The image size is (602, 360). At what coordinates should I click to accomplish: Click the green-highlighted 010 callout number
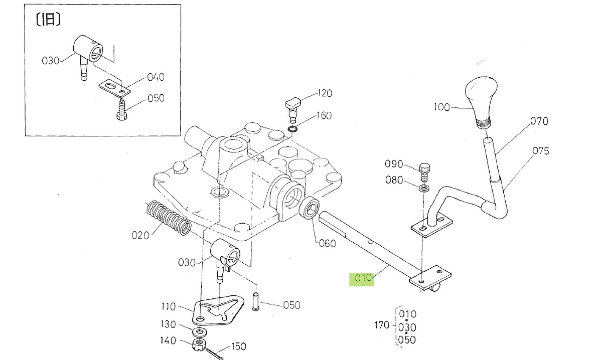363,278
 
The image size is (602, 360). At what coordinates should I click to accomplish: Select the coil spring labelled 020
169,218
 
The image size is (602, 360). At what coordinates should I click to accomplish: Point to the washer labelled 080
424,188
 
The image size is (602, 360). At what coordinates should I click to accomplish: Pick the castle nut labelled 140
199,344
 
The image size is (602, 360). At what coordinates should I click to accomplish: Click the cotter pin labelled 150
214,353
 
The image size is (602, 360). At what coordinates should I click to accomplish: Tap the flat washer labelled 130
200,331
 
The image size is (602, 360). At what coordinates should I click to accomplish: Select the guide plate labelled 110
218,310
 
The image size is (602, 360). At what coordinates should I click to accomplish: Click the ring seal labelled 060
309,207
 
